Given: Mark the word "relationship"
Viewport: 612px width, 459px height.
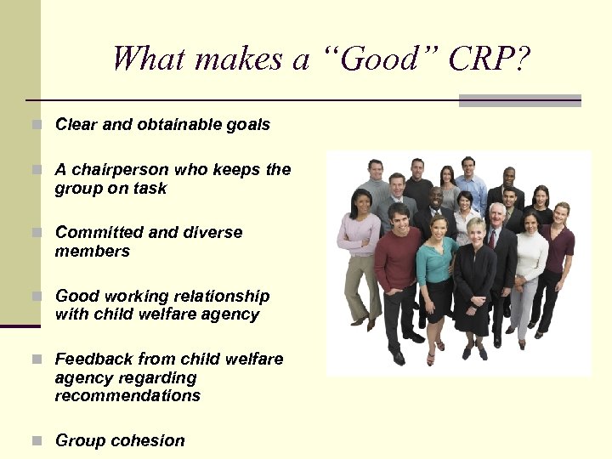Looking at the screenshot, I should pos(217,296).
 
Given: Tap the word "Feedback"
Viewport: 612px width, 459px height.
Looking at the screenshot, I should pos(93,359).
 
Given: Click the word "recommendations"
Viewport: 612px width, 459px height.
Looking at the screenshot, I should pos(127,395).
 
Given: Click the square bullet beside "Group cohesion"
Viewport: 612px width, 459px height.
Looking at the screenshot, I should pos(36,441).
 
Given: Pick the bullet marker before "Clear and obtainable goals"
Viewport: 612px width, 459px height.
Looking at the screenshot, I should pos(36,125).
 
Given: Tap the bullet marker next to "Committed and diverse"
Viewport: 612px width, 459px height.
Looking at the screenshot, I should pos(36,233).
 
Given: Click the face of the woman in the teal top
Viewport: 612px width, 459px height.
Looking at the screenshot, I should pos(438,229).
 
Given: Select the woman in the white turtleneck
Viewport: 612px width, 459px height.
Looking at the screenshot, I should pos(530,255).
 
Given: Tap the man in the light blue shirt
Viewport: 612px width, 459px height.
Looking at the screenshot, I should pos(470,183).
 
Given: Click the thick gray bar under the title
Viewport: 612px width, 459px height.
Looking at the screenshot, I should pos(519,100).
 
